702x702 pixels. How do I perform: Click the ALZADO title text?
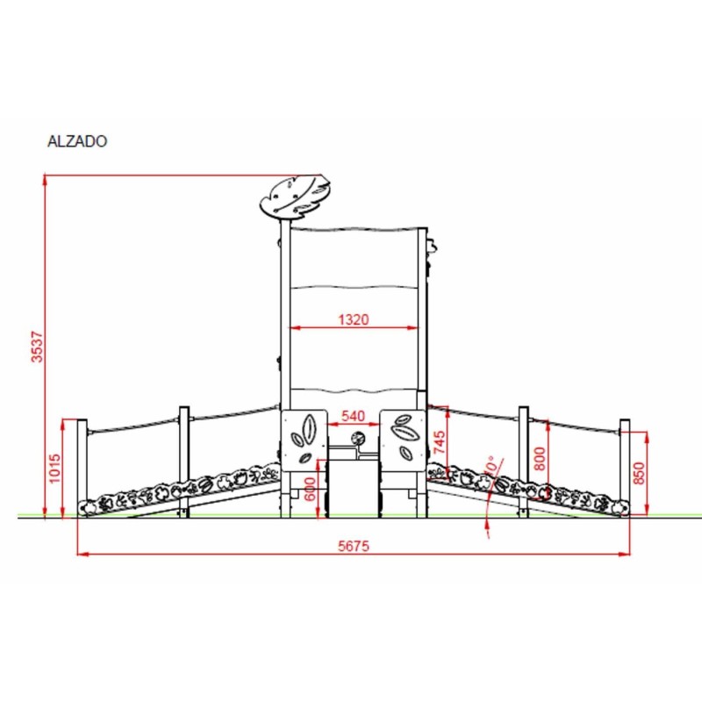[77, 141]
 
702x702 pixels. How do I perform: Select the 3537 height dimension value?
[37, 347]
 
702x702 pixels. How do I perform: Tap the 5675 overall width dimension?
[354, 546]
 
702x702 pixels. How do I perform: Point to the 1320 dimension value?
[354, 319]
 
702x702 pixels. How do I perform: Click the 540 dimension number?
[354, 416]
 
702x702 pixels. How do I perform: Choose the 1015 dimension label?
[54, 469]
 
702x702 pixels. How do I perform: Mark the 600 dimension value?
[310, 489]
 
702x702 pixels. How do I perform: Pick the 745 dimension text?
[440, 442]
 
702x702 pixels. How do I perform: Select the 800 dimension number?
[540, 458]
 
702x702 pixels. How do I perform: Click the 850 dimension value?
[640, 473]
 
